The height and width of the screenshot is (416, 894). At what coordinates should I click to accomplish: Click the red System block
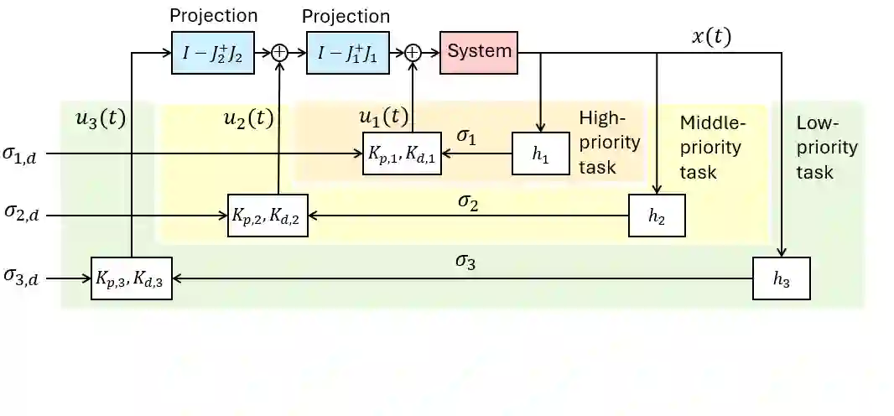click(x=479, y=51)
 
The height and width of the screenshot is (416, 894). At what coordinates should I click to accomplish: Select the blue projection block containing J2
click(x=213, y=52)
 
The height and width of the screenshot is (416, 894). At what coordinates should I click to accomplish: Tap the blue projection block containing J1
click(x=347, y=52)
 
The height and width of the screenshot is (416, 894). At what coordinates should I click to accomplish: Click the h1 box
click(x=540, y=154)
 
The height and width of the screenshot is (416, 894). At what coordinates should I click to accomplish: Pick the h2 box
click(x=658, y=215)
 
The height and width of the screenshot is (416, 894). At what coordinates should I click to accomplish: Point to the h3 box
click(x=781, y=278)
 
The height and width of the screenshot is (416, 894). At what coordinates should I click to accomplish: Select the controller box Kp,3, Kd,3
click(x=132, y=278)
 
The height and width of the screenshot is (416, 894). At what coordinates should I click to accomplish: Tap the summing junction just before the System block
click(x=413, y=52)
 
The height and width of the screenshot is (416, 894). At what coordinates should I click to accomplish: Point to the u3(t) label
click(x=100, y=118)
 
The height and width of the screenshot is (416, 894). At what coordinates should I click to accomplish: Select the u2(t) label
click(x=247, y=118)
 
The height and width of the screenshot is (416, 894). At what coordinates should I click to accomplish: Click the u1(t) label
click(x=383, y=117)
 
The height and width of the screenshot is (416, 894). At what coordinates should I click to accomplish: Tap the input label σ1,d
click(x=26, y=154)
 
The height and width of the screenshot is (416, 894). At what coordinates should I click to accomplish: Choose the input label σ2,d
click(x=26, y=215)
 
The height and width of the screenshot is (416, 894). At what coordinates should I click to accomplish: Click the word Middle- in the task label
click(x=712, y=123)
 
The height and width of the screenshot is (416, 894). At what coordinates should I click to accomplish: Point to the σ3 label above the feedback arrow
click(x=465, y=260)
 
